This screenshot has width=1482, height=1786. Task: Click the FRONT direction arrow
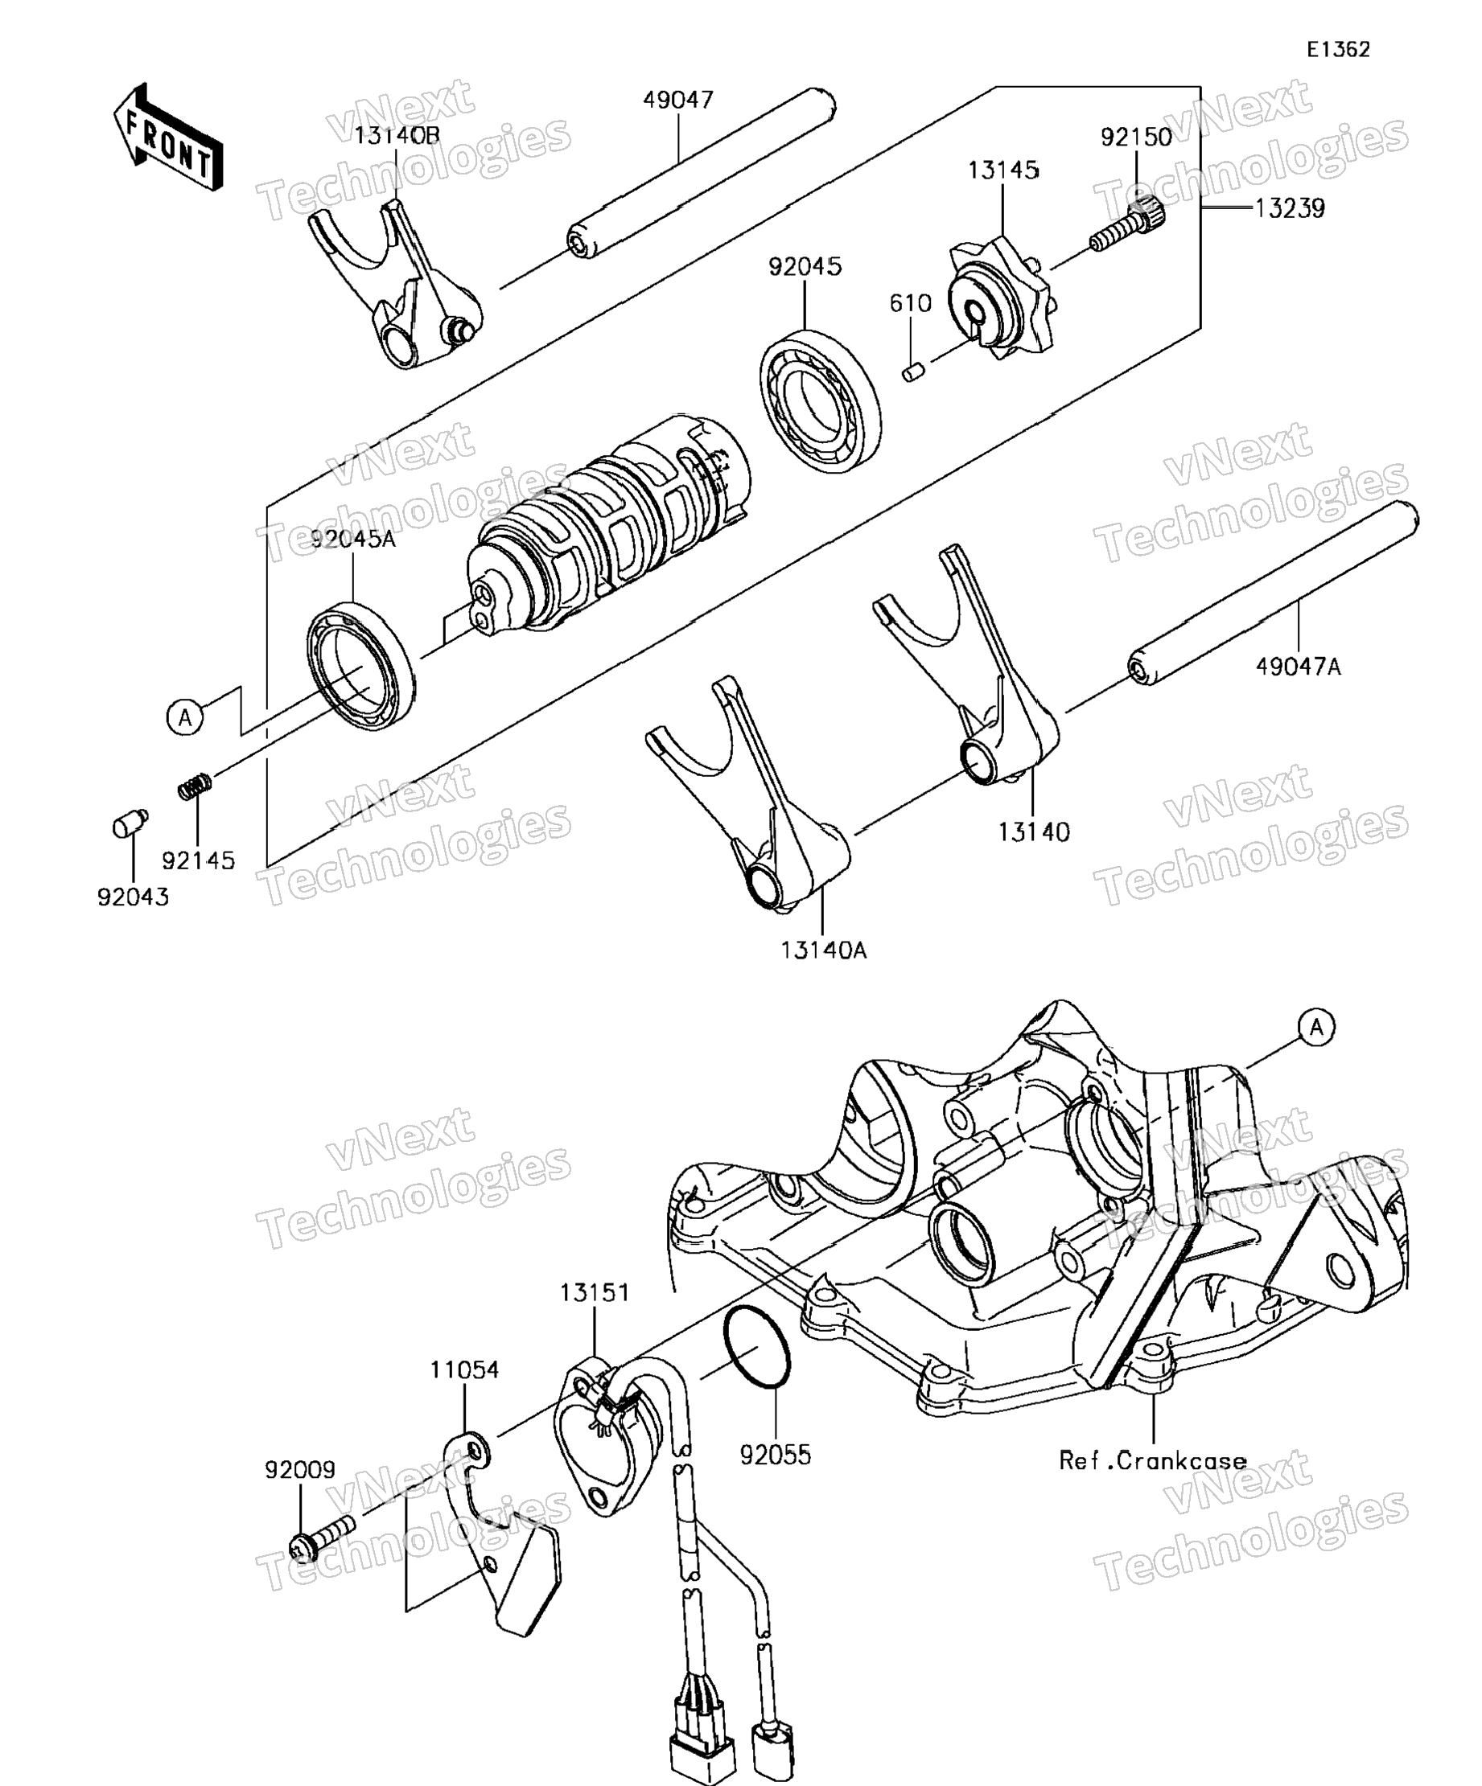click(167, 136)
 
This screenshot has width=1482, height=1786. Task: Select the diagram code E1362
click(1338, 50)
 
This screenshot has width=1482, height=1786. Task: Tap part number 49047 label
click(677, 101)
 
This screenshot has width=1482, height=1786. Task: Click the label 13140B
click(397, 136)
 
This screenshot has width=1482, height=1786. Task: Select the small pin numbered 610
click(913, 372)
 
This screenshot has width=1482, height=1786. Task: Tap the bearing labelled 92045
click(820, 400)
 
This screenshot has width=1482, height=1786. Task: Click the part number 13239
click(1290, 209)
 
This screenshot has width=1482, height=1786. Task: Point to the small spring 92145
click(195, 786)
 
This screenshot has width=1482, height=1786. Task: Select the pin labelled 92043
click(129, 823)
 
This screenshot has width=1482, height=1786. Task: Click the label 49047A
click(1299, 667)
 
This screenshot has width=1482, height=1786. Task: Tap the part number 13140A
click(824, 950)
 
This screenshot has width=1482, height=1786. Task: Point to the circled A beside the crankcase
click(1316, 1028)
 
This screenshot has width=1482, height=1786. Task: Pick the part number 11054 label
click(464, 1370)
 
